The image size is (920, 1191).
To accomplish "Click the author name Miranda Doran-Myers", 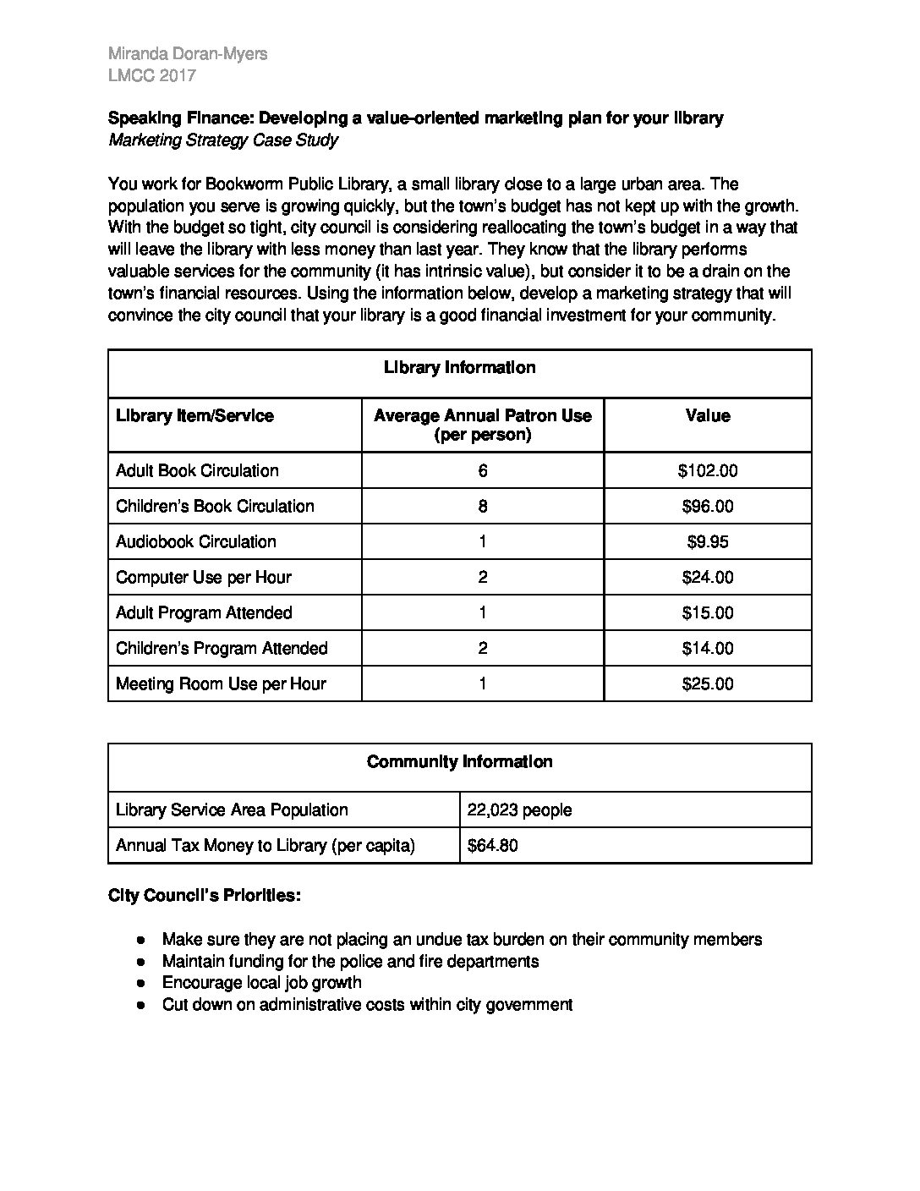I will pos(188,54).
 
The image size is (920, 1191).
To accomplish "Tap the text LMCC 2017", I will pos(152,75).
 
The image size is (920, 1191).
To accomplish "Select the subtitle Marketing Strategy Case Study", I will pos(223,140).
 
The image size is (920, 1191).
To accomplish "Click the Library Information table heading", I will pos(459,368).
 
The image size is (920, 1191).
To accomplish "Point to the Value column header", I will pos(708,416).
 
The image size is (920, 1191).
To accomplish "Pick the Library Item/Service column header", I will pos(194,416).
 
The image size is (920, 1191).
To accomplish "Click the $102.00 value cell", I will pos(708,471).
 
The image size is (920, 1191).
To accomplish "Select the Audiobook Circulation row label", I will pos(196,542).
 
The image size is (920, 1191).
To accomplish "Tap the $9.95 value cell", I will pos(708,542).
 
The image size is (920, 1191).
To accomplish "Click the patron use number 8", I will pos(483,507).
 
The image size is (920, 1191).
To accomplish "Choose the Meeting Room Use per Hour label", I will pos(221,684).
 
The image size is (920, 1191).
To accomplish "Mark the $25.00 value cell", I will pos(708,684).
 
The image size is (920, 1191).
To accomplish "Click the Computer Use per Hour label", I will pos(204,578).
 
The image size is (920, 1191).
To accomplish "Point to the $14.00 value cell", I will pos(708,649).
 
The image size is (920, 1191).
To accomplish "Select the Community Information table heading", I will pos(459,762).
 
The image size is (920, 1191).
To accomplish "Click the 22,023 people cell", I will pos(519,810).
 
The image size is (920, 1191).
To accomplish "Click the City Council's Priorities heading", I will pos(204,896).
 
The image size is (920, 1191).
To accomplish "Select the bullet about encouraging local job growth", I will pos(261,983).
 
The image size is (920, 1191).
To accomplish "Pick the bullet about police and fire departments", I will pos(350,961).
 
